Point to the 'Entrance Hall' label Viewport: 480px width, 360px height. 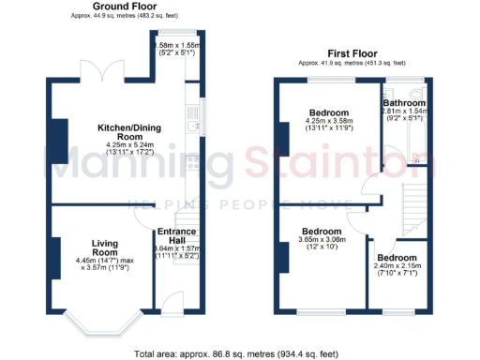[176, 236]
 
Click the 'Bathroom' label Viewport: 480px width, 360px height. [403, 102]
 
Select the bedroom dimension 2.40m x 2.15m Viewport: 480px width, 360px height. [397, 267]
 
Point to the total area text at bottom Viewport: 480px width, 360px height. [239, 353]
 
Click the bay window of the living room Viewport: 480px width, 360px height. [102, 324]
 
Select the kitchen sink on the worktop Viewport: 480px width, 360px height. [193, 125]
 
